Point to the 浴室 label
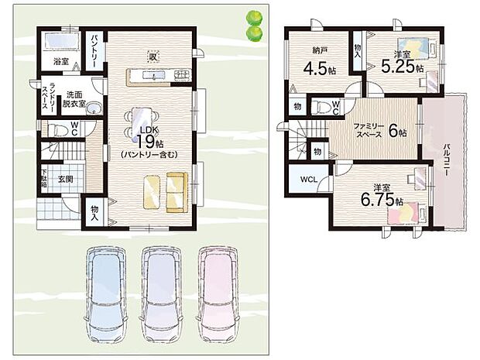click(61, 59)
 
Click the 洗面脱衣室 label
click(74, 98)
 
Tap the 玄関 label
click(64, 179)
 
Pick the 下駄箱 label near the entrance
click(44, 179)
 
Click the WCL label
click(307, 180)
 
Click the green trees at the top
click(253, 26)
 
